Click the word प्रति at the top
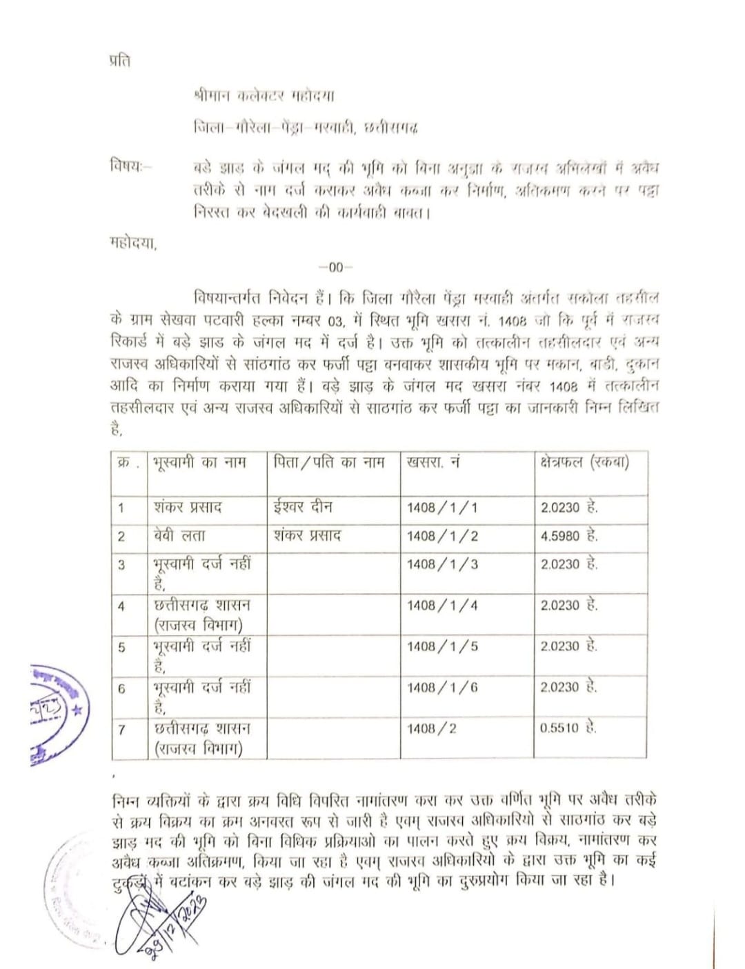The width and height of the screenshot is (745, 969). click(x=119, y=61)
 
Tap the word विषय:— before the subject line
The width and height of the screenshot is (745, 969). click(x=131, y=166)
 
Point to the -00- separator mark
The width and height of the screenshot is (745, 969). click(x=335, y=268)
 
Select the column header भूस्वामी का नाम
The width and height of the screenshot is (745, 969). click(x=199, y=463)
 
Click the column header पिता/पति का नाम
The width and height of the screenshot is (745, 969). click(x=328, y=463)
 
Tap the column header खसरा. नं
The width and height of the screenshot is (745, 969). click(x=433, y=463)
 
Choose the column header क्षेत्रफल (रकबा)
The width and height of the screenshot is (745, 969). click(x=584, y=463)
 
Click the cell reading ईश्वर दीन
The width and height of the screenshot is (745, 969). click(x=303, y=507)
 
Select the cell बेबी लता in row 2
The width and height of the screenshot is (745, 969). click(x=179, y=536)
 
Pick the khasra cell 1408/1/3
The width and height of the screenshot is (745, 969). click(x=442, y=564)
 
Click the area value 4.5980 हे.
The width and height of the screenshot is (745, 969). click(x=569, y=536)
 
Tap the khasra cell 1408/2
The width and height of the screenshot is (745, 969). click(x=432, y=728)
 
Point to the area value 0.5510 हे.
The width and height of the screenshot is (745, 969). click(x=569, y=728)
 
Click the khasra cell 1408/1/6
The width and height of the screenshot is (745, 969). click(x=442, y=688)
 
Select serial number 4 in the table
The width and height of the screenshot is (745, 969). click(x=121, y=607)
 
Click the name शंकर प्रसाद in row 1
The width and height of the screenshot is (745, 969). click(x=188, y=507)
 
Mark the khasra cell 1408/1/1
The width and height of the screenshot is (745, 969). click(x=442, y=508)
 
